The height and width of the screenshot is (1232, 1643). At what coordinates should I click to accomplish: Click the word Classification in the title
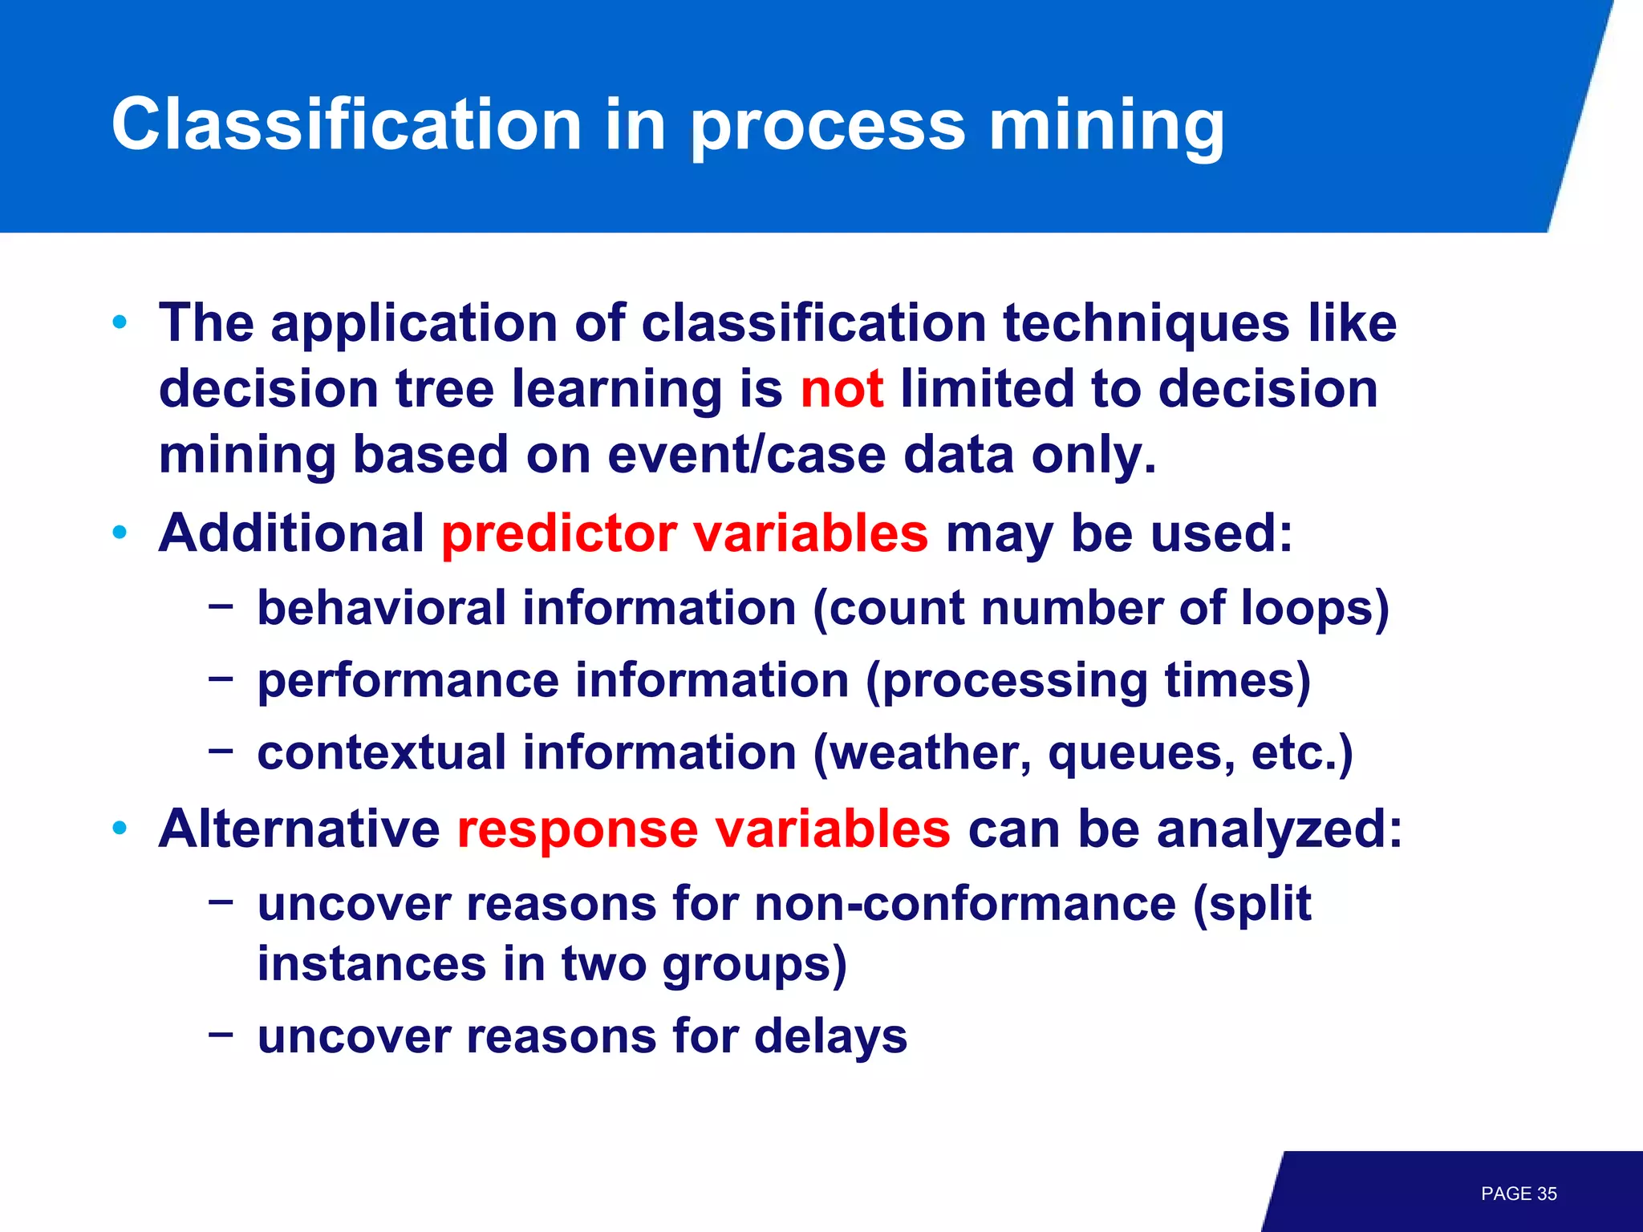[x=346, y=124]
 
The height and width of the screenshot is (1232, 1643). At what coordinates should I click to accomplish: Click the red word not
[x=842, y=389]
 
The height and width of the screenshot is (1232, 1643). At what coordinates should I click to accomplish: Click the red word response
[x=577, y=829]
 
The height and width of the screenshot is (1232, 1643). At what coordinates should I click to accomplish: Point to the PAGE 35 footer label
[x=1518, y=1193]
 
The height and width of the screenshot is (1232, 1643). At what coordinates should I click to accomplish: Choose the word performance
[x=408, y=681]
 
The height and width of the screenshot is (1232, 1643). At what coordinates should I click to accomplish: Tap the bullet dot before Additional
[x=120, y=533]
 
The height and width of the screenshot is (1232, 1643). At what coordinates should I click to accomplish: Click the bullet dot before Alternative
[x=120, y=828]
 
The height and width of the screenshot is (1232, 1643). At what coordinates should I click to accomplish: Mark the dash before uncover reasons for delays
[x=220, y=1034]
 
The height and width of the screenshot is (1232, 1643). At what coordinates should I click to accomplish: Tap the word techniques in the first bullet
[x=1146, y=323]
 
